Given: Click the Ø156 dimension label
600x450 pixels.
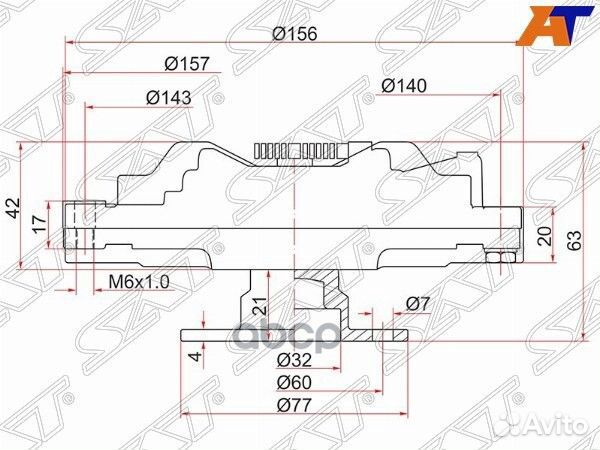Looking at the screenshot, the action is pos(295,34).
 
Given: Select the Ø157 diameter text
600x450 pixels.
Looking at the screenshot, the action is pos(188,64).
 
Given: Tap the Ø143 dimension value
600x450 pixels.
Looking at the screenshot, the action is pos(168,98).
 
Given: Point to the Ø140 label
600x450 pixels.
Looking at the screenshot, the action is pos(404,86).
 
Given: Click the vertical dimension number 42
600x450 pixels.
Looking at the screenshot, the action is pos(15,208).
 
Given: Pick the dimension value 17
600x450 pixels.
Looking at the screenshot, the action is pos(40,224).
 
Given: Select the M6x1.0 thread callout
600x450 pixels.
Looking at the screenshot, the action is pos(139,282).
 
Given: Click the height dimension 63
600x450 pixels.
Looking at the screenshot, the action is pos(574,241).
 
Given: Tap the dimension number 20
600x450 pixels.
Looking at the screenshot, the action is pos(545,236).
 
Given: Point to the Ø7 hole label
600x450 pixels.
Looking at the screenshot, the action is pos(418,304).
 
